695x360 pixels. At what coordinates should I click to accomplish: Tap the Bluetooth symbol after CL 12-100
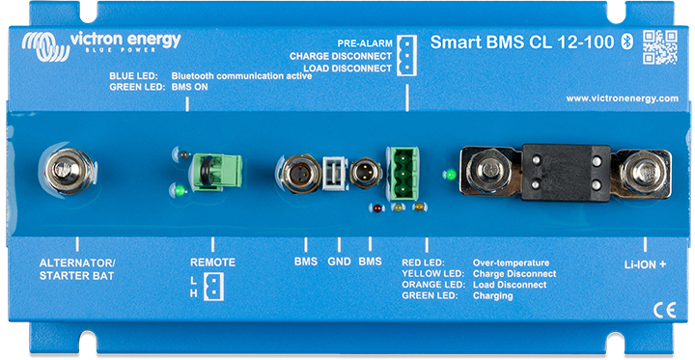[625, 42]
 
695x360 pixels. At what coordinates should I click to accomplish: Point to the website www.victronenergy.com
[622, 98]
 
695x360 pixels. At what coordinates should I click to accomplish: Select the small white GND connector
[334, 173]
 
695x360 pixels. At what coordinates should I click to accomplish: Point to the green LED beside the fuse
[448, 175]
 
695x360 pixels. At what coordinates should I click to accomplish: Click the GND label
[338, 262]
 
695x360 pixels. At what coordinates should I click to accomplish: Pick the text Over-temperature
[511, 262]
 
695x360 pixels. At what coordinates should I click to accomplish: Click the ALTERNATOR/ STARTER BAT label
[77, 268]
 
